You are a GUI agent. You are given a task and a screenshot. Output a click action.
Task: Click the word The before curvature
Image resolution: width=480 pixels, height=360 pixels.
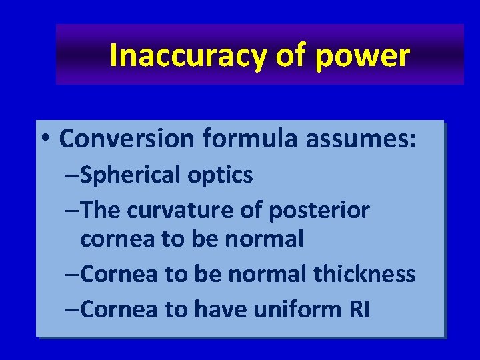point(102,210)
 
